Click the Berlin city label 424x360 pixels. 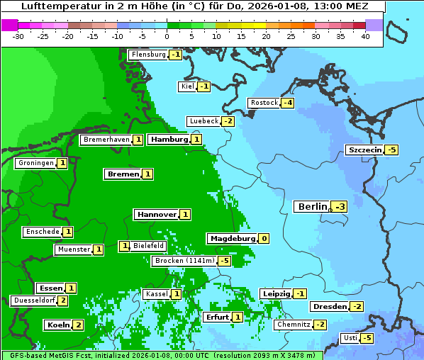click(312, 207)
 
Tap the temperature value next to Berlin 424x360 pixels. click(340, 207)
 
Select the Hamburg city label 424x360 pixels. click(168, 140)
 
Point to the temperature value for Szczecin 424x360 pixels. click(391, 150)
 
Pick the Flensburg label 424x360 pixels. click(148, 55)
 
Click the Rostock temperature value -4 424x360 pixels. click(287, 103)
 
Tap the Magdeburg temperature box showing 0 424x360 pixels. click(264, 238)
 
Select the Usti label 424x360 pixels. click(350, 338)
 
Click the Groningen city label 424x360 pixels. click(35, 163)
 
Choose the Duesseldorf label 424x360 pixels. click(34, 300)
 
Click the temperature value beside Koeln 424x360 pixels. click(78, 325)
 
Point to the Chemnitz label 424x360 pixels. click(293, 324)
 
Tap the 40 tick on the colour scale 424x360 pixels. click(365, 36)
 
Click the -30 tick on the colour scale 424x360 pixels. click(19, 36)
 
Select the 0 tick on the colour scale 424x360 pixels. click(167, 36)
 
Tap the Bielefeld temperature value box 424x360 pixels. click(124, 246)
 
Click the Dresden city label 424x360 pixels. click(329, 306)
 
